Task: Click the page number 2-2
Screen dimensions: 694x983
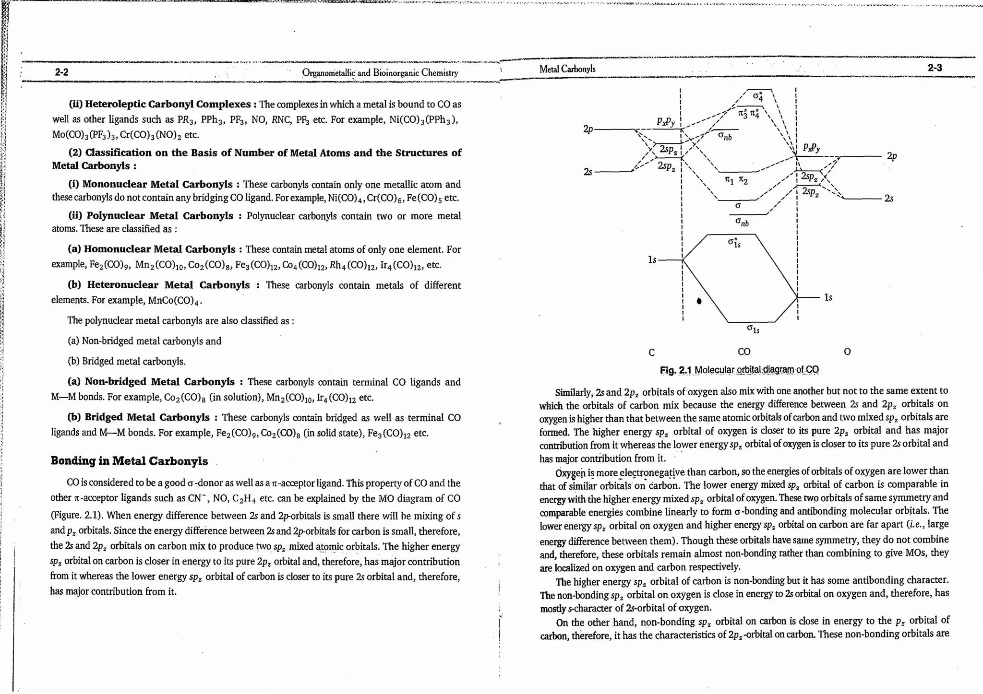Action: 61,72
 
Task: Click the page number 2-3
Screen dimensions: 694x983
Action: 935,68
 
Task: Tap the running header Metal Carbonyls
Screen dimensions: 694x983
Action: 567,69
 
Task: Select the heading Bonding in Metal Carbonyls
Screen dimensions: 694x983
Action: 129,461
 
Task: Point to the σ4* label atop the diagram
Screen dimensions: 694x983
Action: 757,96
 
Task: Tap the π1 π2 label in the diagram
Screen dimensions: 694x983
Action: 736,180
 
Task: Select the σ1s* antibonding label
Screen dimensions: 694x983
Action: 734,243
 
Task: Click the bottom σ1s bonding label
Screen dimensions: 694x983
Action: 753,329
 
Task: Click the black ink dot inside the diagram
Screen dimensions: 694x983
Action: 699,301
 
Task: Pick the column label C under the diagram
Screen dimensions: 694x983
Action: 651,353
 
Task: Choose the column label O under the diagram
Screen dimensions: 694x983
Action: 847,352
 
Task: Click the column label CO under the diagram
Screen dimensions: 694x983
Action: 743,352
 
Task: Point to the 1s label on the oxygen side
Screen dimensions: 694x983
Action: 828,297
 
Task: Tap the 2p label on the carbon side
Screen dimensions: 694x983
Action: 588,129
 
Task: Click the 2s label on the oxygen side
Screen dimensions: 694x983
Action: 888,199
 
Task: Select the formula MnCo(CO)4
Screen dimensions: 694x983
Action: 174,301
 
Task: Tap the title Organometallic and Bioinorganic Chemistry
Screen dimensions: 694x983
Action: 380,73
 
